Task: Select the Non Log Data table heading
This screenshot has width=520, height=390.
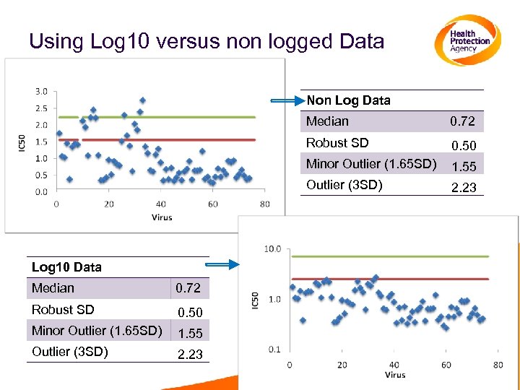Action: click(x=348, y=100)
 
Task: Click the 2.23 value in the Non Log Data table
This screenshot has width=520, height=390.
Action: click(x=464, y=188)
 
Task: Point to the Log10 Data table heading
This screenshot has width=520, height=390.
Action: click(x=66, y=267)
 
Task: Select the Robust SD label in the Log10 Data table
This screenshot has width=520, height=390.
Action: click(x=63, y=310)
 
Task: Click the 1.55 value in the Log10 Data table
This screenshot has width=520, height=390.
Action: click(x=190, y=334)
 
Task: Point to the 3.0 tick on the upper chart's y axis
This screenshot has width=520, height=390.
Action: click(x=41, y=91)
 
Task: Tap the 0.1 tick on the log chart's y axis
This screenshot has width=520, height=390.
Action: click(x=274, y=350)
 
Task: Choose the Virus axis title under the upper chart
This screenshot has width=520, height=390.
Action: click(x=162, y=217)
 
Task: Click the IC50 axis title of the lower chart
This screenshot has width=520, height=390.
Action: click(x=255, y=300)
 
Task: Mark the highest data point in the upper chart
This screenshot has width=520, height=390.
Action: click(x=143, y=100)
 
